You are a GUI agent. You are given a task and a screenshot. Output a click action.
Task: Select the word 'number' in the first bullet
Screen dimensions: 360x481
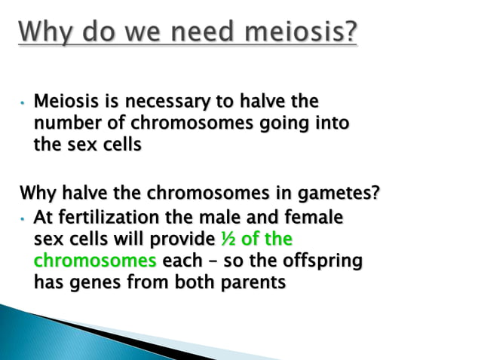click(x=65, y=122)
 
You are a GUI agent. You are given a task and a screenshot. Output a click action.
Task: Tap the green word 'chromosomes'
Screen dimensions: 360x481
click(x=95, y=261)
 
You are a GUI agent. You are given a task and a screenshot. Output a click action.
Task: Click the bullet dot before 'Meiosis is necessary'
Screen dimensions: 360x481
click(x=23, y=102)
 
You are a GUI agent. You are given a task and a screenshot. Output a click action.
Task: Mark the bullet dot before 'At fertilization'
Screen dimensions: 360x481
click(x=23, y=219)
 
